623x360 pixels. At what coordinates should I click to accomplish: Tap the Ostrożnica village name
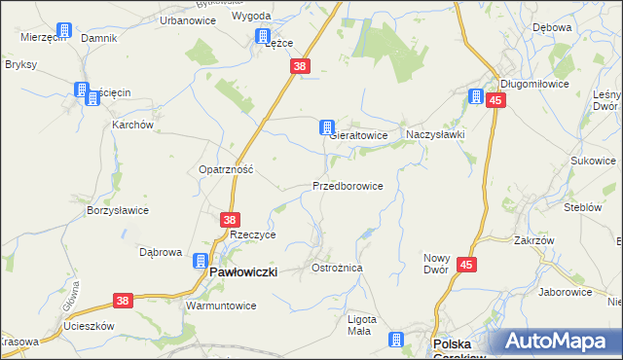tap(336, 267)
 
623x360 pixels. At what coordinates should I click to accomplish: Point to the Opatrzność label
tap(226, 168)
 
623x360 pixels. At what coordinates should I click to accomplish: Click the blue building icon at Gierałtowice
tap(327, 127)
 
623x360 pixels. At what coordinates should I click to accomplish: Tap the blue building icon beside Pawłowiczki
tap(200, 261)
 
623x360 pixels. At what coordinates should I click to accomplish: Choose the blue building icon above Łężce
tap(262, 36)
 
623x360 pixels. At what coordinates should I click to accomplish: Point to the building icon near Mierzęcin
tap(64, 31)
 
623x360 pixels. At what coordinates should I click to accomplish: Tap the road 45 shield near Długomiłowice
tap(496, 100)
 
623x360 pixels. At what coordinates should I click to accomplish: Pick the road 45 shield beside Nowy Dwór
tap(466, 264)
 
